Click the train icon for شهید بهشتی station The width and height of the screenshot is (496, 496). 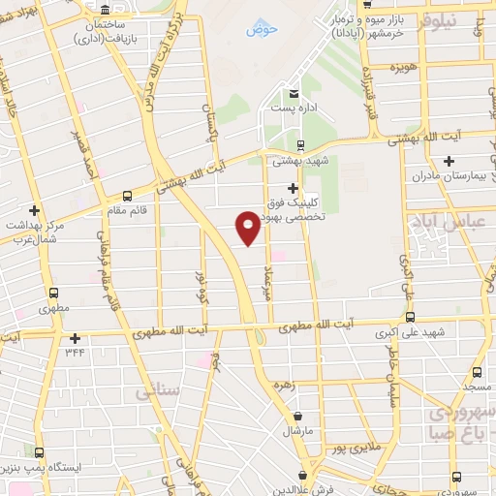tap(300, 144)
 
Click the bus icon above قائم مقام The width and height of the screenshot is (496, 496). tap(128, 195)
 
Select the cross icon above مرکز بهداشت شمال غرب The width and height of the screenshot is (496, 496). tap(35, 209)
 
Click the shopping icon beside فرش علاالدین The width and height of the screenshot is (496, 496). tap(304, 476)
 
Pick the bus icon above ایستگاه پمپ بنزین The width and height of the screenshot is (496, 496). tap(40, 452)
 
